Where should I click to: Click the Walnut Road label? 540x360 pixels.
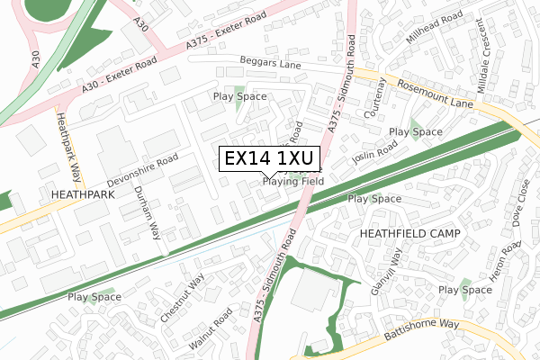coord(211,329)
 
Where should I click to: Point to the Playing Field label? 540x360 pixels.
coord(293,181)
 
